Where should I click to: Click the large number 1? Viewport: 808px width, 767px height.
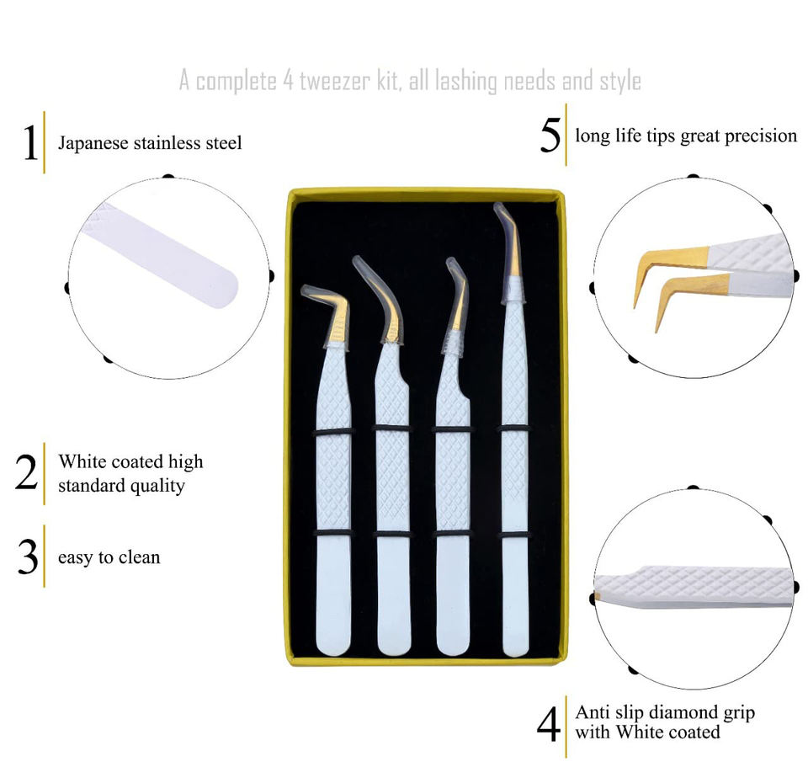[x=30, y=143]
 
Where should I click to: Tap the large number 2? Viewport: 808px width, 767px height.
[x=27, y=473]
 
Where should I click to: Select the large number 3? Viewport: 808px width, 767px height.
[x=28, y=557]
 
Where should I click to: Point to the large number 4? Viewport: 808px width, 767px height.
[x=549, y=723]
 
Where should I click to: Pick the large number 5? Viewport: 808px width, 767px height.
[x=550, y=136]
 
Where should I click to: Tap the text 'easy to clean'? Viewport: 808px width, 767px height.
[x=109, y=557]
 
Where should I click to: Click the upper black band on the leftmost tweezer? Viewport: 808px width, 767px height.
[x=333, y=431]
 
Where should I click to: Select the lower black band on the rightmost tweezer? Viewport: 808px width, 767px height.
[x=513, y=535]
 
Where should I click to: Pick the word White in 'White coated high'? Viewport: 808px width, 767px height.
[x=81, y=462]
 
